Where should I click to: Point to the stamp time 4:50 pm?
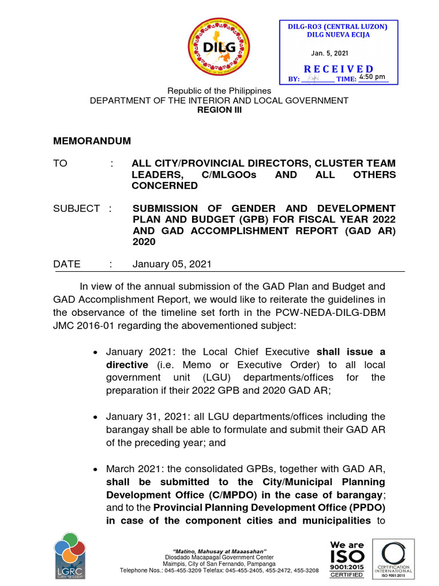click(x=372, y=77)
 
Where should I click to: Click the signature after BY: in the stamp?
click(x=314, y=78)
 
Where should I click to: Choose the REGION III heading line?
click(x=219, y=110)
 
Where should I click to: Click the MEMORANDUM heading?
click(x=92, y=141)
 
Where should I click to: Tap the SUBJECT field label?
click(x=77, y=208)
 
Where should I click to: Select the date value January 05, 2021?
click(x=171, y=264)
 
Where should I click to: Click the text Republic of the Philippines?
click(x=219, y=91)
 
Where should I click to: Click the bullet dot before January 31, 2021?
click(x=97, y=417)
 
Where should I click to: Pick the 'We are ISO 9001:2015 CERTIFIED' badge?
click(x=347, y=559)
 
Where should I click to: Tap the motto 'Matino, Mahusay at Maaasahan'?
click(x=219, y=551)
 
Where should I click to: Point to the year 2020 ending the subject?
click(x=143, y=241)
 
